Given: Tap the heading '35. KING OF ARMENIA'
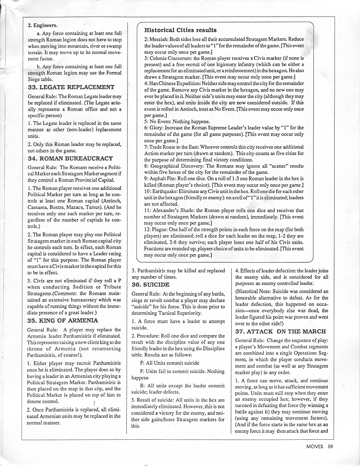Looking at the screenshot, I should click(60, 320).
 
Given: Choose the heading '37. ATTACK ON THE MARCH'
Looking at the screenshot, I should click(280, 331).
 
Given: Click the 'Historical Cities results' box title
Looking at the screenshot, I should click(180, 30).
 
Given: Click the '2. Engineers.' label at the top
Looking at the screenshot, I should click(43, 25).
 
